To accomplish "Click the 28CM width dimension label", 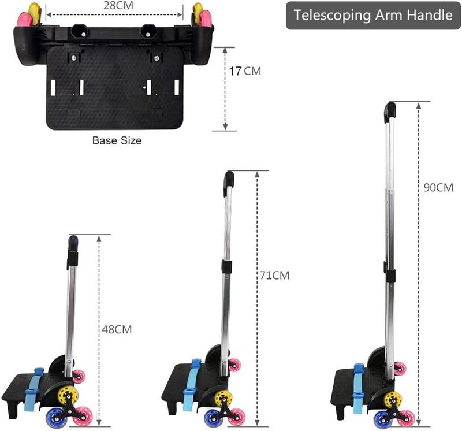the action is pyautogui.click(x=118, y=5).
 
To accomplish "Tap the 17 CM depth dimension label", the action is pyautogui.click(x=245, y=71).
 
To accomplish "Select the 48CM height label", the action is pyautogui.click(x=117, y=329).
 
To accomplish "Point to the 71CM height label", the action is pyautogui.click(x=274, y=276).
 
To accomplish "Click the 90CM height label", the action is pyautogui.click(x=438, y=188).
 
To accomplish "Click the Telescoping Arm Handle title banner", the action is pyautogui.click(x=373, y=15).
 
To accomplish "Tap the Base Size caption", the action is pyautogui.click(x=117, y=140).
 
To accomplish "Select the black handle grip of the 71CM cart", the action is pyautogui.click(x=229, y=183).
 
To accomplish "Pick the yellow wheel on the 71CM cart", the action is pyautogui.click(x=223, y=398).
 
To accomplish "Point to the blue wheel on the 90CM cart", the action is pyautogui.click(x=383, y=419).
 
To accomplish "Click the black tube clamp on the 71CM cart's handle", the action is pyautogui.click(x=226, y=266).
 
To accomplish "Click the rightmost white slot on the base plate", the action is pyautogui.click(x=177, y=88).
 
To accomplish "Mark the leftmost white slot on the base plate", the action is pyautogui.click(x=53, y=88).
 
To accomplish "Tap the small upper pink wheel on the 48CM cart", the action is pyautogui.click(x=79, y=377).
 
